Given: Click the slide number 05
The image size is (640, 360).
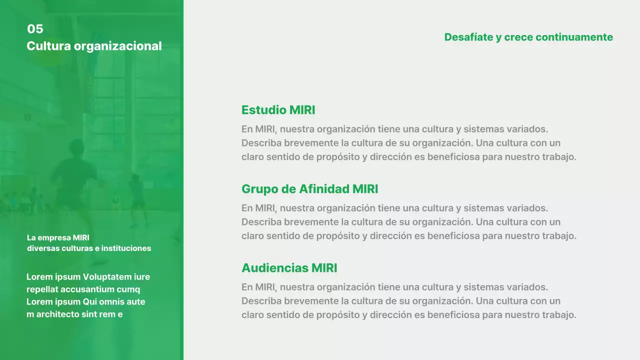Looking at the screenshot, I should (35, 29).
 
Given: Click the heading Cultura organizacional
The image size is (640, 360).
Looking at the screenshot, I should (94, 46).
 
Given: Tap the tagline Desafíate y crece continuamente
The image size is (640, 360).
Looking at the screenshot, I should (528, 37).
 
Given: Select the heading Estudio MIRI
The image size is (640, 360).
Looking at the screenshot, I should (278, 110).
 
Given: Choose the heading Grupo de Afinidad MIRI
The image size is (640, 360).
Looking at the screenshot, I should (309, 189).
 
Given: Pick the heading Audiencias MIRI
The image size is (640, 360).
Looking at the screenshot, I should (289, 268).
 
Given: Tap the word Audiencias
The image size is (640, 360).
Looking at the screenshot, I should (274, 268).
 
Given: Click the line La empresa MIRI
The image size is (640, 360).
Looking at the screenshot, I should (58, 238).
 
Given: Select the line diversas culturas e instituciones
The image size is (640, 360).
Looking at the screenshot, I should (89, 248).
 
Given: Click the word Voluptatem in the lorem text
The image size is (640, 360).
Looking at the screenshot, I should (107, 277).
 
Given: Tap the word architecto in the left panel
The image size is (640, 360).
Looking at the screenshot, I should (58, 314).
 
